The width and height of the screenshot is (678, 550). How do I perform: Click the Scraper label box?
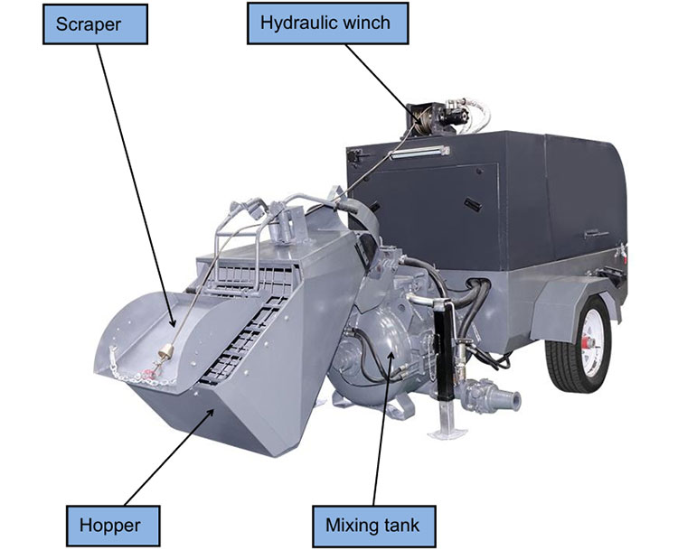pyautogui.click(x=95, y=24)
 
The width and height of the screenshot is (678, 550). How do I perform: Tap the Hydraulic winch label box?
pyautogui.click(x=328, y=23)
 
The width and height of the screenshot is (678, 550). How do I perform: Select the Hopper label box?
pyautogui.click(x=113, y=526)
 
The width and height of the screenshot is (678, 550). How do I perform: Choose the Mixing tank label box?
pyautogui.click(x=374, y=526)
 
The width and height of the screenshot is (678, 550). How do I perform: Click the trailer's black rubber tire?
pyautogui.click(x=579, y=344)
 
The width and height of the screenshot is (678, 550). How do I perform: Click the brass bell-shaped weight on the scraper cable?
pyautogui.click(x=165, y=353)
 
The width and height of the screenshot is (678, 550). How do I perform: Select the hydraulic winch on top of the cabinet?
pyautogui.click(x=437, y=117)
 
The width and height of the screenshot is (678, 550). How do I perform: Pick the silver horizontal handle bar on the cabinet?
pyautogui.click(x=419, y=152)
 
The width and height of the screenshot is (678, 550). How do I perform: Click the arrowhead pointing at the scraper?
pyautogui.click(x=172, y=322)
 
